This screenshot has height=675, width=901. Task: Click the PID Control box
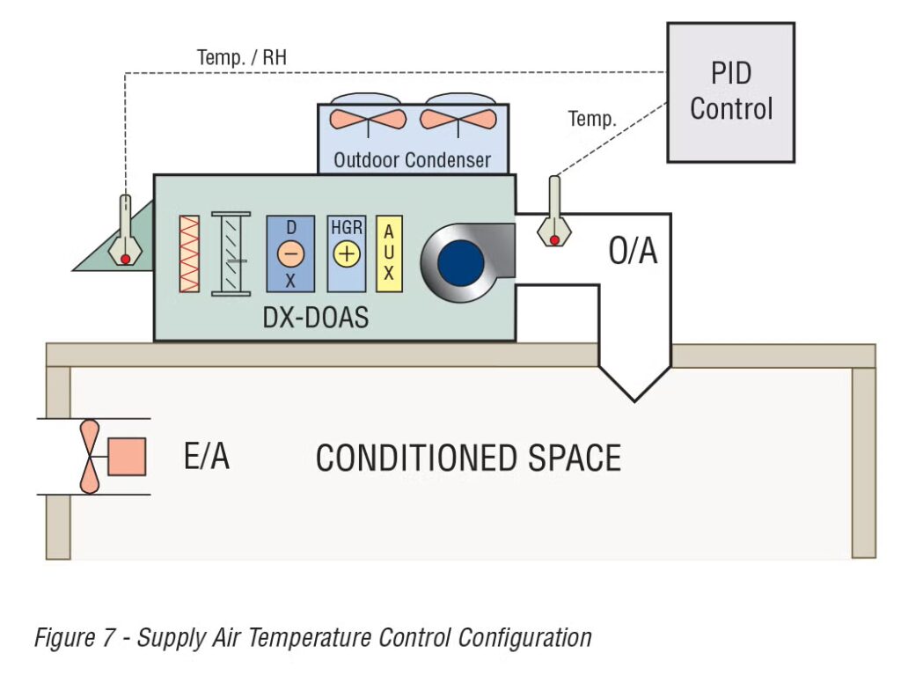pyautogui.click(x=730, y=92)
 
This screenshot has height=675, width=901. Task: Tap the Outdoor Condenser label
pyautogui.click(x=412, y=161)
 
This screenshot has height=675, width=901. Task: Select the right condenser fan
pyautogui.click(x=458, y=118)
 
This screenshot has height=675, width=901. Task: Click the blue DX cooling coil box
pyautogui.click(x=290, y=254)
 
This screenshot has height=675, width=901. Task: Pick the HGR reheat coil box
pyautogui.click(x=346, y=254)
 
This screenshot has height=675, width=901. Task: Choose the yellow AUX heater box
pyautogui.click(x=389, y=254)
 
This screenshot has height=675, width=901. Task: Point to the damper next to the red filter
pyautogui.click(x=231, y=253)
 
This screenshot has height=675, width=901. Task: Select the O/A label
pyautogui.click(x=633, y=252)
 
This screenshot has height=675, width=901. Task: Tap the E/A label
pyautogui.click(x=207, y=457)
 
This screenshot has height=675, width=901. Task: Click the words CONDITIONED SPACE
pyautogui.click(x=468, y=459)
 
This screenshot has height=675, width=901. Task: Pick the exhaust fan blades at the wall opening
pyautogui.click(x=90, y=457)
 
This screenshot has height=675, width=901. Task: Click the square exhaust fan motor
pyautogui.click(x=126, y=457)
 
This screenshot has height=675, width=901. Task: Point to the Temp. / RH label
pyautogui.click(x=242, y=59)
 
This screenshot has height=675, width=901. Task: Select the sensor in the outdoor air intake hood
pyautogui.click(x=125, y=233)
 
